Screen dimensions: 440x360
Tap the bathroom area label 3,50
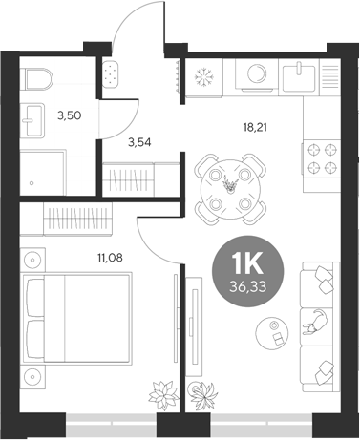tap(69, 115)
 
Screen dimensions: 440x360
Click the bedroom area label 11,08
tap(112, 256)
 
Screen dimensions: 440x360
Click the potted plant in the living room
tap(201, 394)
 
